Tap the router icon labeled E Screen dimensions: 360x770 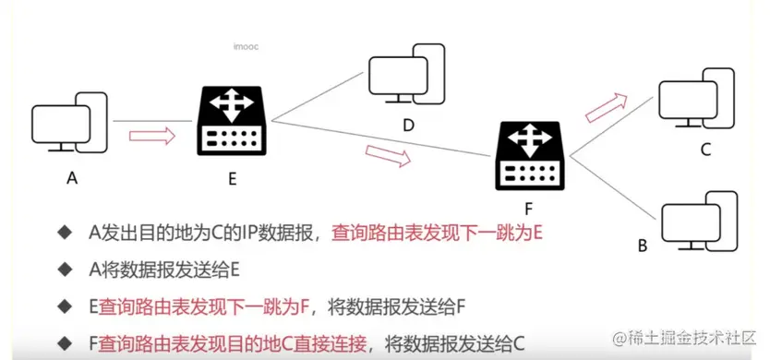point(232,122)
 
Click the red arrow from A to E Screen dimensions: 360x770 point(151,136)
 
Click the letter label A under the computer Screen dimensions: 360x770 point(71,179)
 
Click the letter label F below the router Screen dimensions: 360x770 point(530,207)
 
